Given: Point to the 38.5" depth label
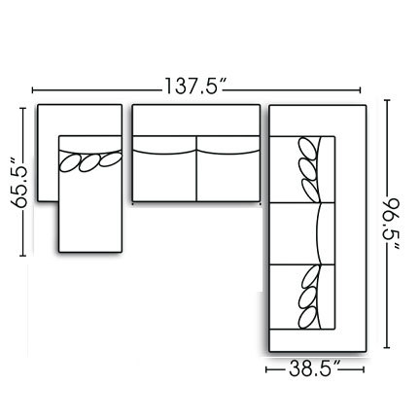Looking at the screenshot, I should click(314, 369).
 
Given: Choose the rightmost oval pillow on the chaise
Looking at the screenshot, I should click(114, 157).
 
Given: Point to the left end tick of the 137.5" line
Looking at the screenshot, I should click(31, 86).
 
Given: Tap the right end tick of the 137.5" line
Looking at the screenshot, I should click(363, 86).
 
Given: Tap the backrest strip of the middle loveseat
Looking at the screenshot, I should click(195, 123).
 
